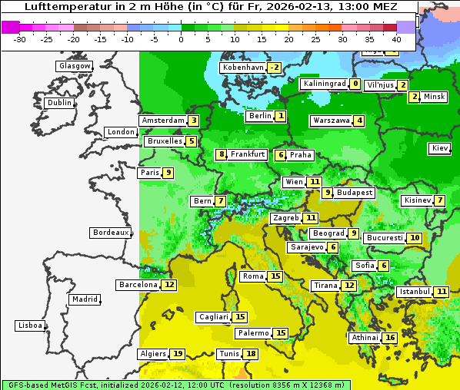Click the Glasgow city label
pos(75,66)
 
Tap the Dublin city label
pos(59,103)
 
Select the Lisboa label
pos(30,326)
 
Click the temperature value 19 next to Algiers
pos(178,354)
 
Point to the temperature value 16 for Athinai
pos(390,338)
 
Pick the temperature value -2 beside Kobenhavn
pos(274,68)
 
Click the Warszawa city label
pos(332,121)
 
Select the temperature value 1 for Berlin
pos(282,117)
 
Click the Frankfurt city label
pos(248,154)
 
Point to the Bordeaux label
pos(111,233)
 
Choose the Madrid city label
pos(85,299)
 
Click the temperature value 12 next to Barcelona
pos(169,285)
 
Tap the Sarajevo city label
pos(307,247)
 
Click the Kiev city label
pos(440,148)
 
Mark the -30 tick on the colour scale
pos(21,38)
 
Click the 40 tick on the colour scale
pos(396,38)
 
